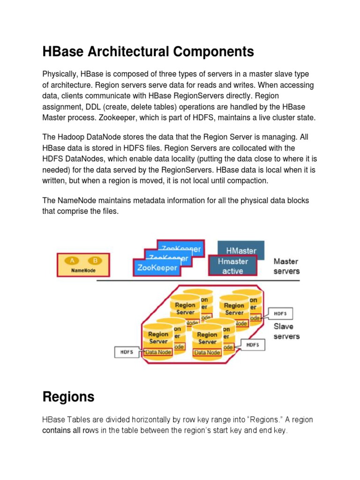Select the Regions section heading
(68, 397)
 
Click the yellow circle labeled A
(72, 261)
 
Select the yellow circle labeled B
(95, 261)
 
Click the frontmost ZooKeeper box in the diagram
(157, 268)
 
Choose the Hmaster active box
(232, 266)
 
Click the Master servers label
(286, 266)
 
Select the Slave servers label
(286, 331)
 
